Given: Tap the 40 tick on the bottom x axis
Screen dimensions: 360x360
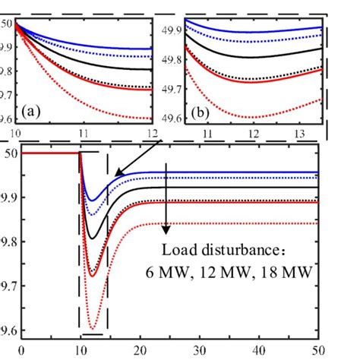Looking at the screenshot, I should point(261,352).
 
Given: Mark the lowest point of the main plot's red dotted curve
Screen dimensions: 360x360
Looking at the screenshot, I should point(93,329).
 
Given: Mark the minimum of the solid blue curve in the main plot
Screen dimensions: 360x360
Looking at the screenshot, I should point(92,201).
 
